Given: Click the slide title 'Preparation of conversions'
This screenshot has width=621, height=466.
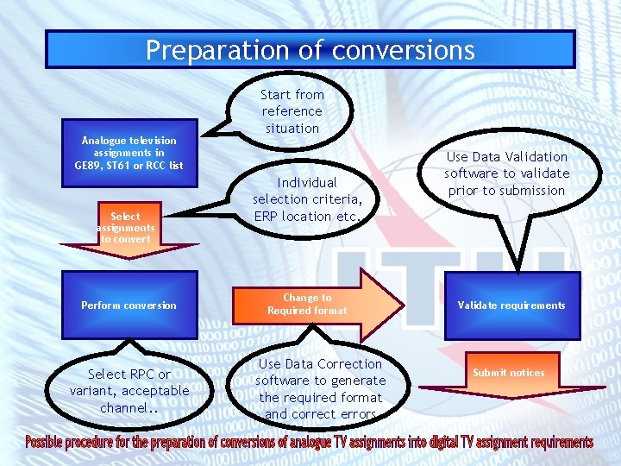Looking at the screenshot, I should tap(310, 50).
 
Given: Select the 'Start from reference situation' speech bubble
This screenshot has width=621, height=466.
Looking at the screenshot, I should tap(292, 111).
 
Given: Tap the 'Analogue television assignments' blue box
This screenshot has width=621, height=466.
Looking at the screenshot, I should tap(129, 153).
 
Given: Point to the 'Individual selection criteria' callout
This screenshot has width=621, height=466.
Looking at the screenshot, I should tap(307, 199).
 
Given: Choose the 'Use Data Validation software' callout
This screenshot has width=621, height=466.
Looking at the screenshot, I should tap(506, 173).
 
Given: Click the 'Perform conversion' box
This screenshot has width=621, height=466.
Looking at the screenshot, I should tap(129, 305).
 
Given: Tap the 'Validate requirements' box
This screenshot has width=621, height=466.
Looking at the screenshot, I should tap(511, 305).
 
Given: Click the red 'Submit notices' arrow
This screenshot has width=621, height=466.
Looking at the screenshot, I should tap(508, 373).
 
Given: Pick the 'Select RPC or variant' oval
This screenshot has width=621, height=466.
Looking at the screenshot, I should tap(129, 391).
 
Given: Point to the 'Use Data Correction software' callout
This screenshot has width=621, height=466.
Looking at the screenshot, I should tap(321, 389).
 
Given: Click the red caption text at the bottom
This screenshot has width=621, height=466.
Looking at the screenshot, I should tap(310, 443).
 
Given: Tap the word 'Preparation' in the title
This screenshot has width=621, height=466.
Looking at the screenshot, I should tap(201, 50).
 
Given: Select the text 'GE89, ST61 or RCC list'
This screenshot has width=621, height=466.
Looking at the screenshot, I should tap(129, 166).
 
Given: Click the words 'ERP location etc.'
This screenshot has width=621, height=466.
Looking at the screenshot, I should tap(307, 217).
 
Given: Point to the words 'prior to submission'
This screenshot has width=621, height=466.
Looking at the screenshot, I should tap(507, 191).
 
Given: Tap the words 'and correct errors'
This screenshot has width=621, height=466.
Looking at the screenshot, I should tap(321, 414).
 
